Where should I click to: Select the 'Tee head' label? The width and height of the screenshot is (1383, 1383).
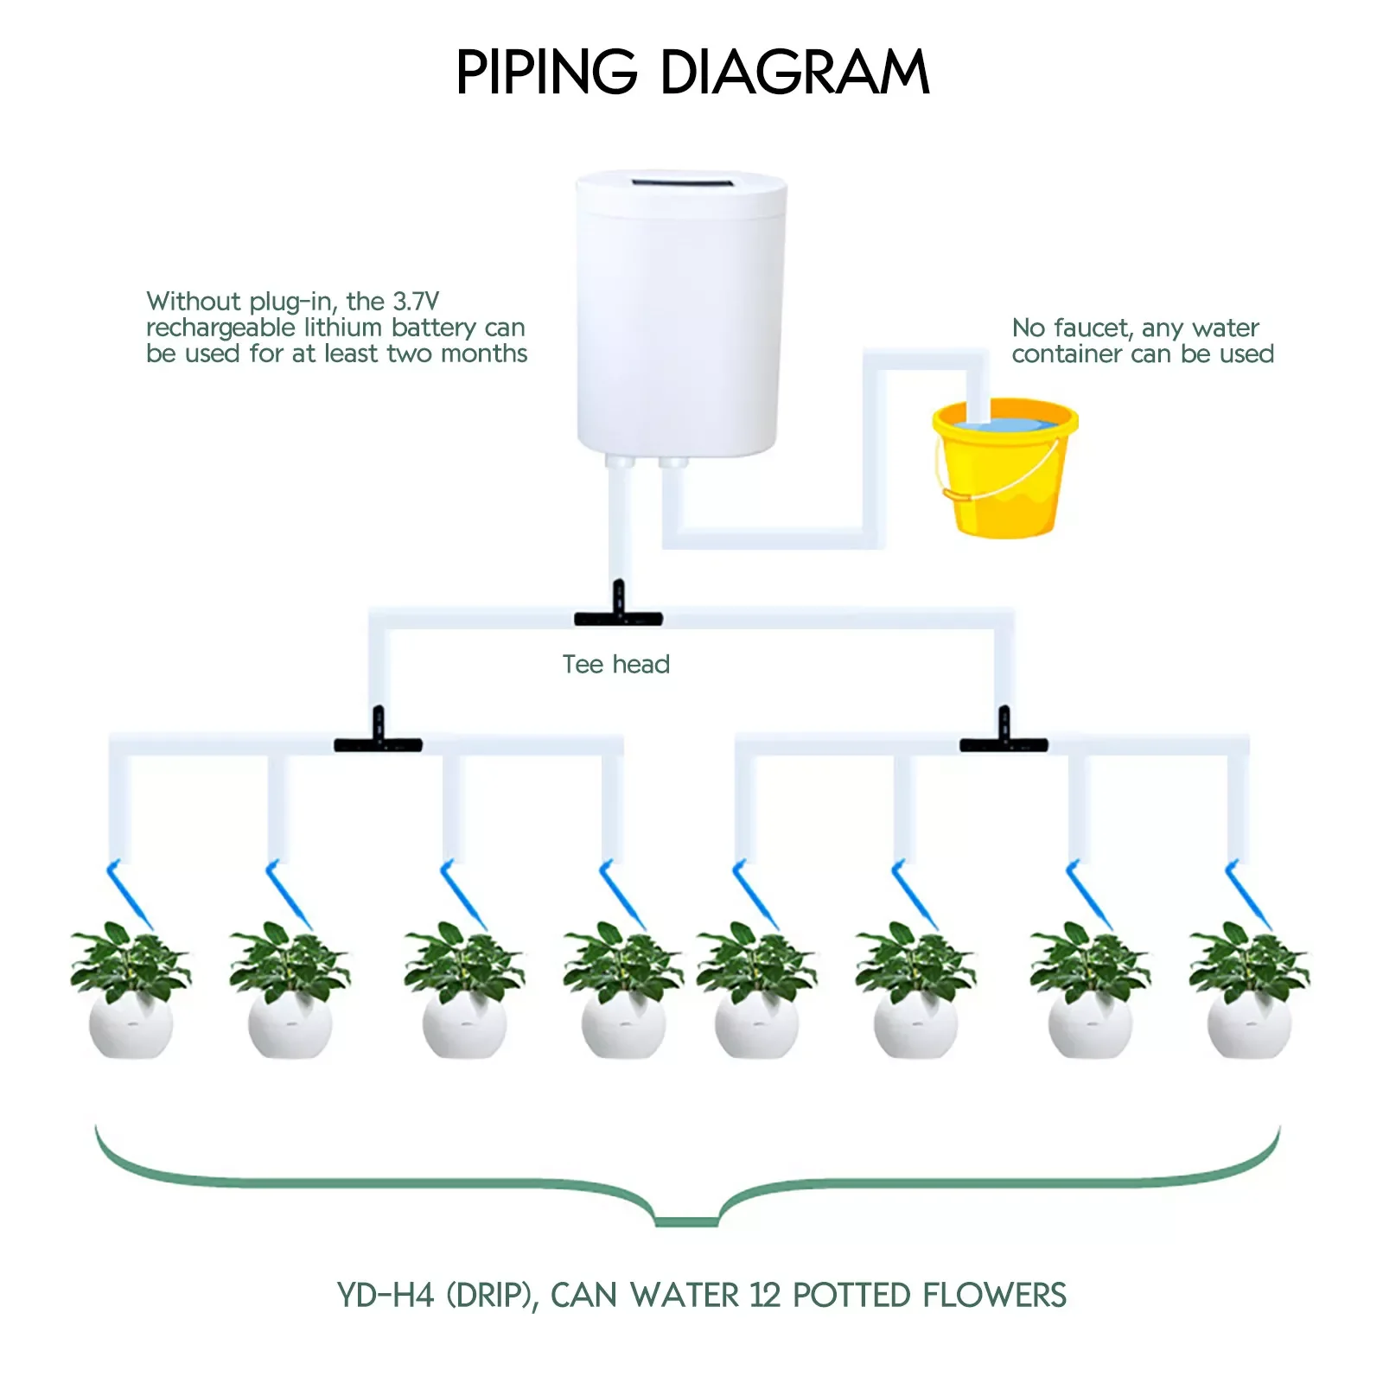pos(615,664)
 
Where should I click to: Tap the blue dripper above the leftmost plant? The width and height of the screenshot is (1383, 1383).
pos(129,895)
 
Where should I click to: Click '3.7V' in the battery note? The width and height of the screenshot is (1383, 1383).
pos(416,302)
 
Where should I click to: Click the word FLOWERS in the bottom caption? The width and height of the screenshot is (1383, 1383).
pos(994,1296)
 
